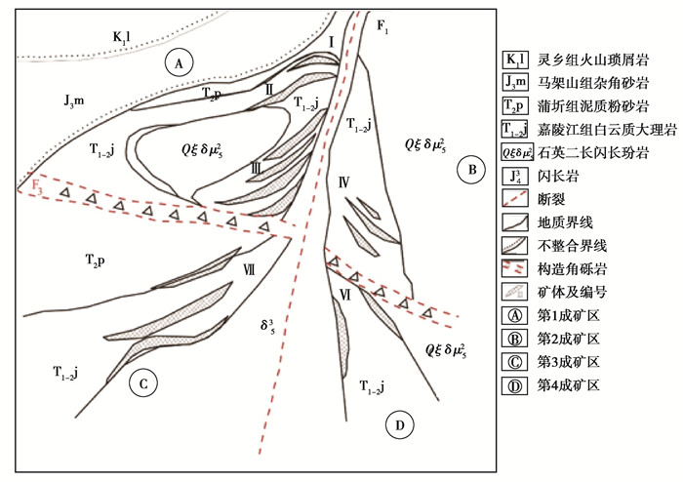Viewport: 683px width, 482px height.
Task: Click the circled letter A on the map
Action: click(179, 63)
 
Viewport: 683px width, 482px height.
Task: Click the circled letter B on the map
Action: click(472, 170)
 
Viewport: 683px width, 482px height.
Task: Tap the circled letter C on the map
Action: click(143, 383)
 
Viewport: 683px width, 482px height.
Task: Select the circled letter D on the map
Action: click(400, 425)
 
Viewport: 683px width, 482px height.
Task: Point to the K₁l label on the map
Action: click(122, 36)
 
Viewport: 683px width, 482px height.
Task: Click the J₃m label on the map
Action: click(74, 101)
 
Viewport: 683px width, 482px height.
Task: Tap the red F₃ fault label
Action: click(37, 186)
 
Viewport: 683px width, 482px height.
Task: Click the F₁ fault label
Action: click(382, 27)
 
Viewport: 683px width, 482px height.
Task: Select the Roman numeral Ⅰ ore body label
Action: click(332, 43)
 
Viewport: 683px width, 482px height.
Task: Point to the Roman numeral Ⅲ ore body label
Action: click(257, 168)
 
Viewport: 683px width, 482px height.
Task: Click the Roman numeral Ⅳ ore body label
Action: click(343, 182)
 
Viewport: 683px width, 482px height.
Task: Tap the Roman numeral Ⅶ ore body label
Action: click(249, 270)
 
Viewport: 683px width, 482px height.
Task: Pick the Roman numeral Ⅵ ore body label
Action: click(345, 296)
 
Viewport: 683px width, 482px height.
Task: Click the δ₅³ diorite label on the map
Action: click(267, 325)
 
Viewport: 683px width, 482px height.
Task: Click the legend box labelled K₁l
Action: click(515, 60)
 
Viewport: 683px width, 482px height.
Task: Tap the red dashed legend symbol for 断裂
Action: click(515, 198)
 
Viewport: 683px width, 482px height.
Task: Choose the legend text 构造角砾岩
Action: click(572, 269)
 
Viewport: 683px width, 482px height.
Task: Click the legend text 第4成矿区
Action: click(569, 385)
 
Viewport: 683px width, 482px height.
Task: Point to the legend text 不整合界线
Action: click(572, 246)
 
